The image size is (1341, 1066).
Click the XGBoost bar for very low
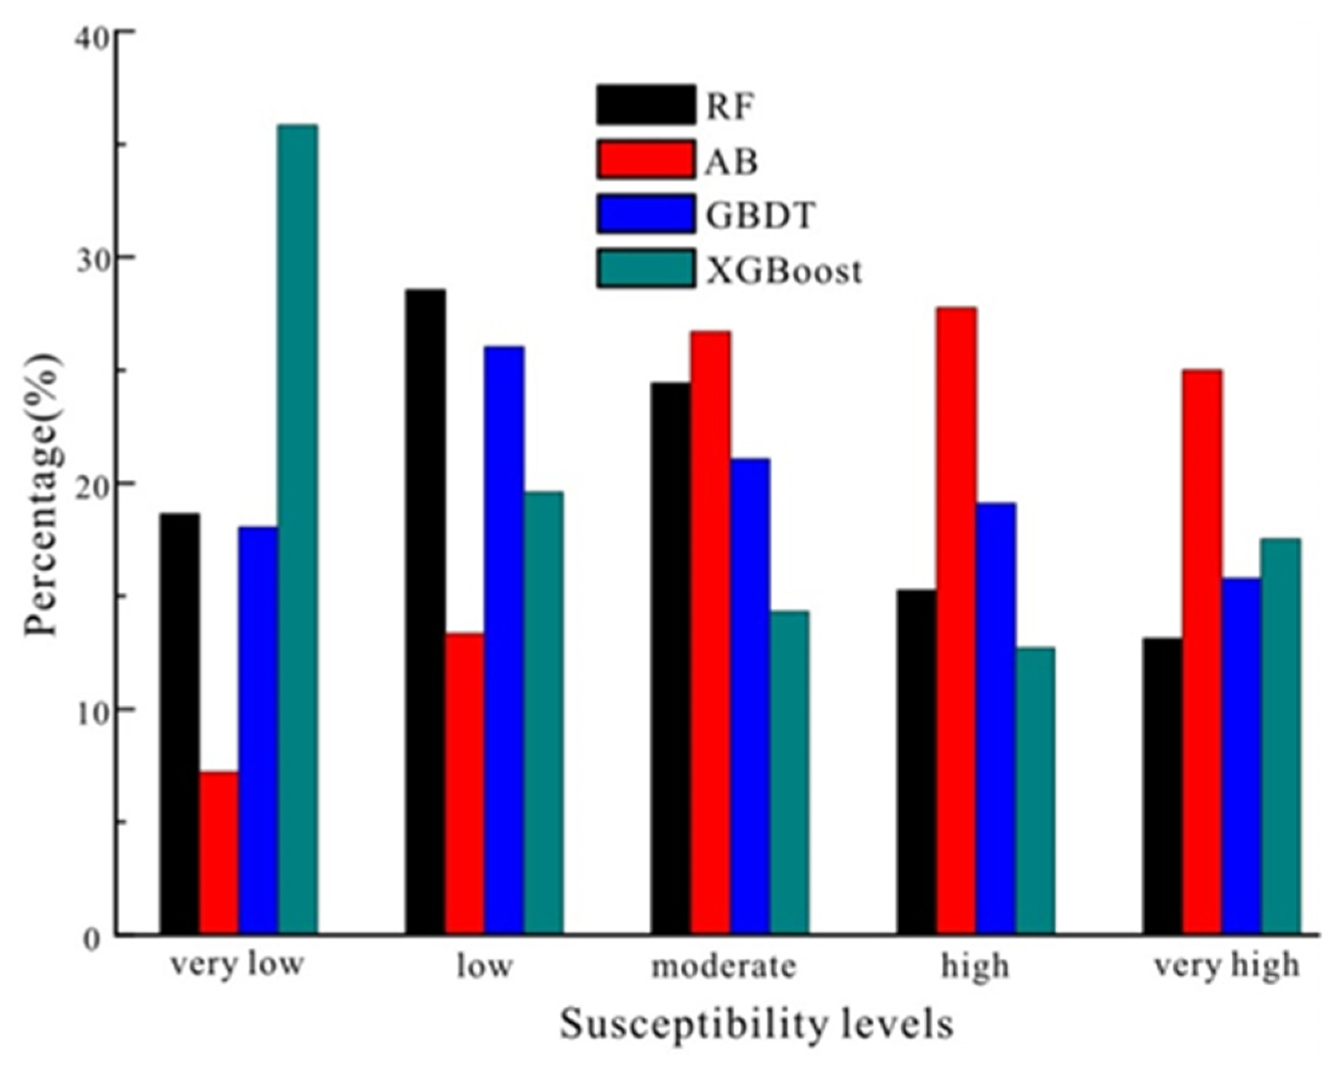point(298,529)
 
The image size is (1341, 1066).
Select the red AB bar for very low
point(219,852)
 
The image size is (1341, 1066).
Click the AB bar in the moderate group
point(710,632)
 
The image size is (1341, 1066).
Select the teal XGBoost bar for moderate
point(789,772)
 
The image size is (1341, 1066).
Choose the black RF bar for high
point(917,762)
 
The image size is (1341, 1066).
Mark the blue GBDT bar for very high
point(1241,756)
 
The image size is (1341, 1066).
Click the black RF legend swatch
point(646,105)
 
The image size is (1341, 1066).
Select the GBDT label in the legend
point(760,216)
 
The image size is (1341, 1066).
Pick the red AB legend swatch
point(646,160)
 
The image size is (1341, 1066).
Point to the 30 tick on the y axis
point(93,257)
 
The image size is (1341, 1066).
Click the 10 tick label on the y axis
point(93,710)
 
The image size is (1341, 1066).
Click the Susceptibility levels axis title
point(757,1024)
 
